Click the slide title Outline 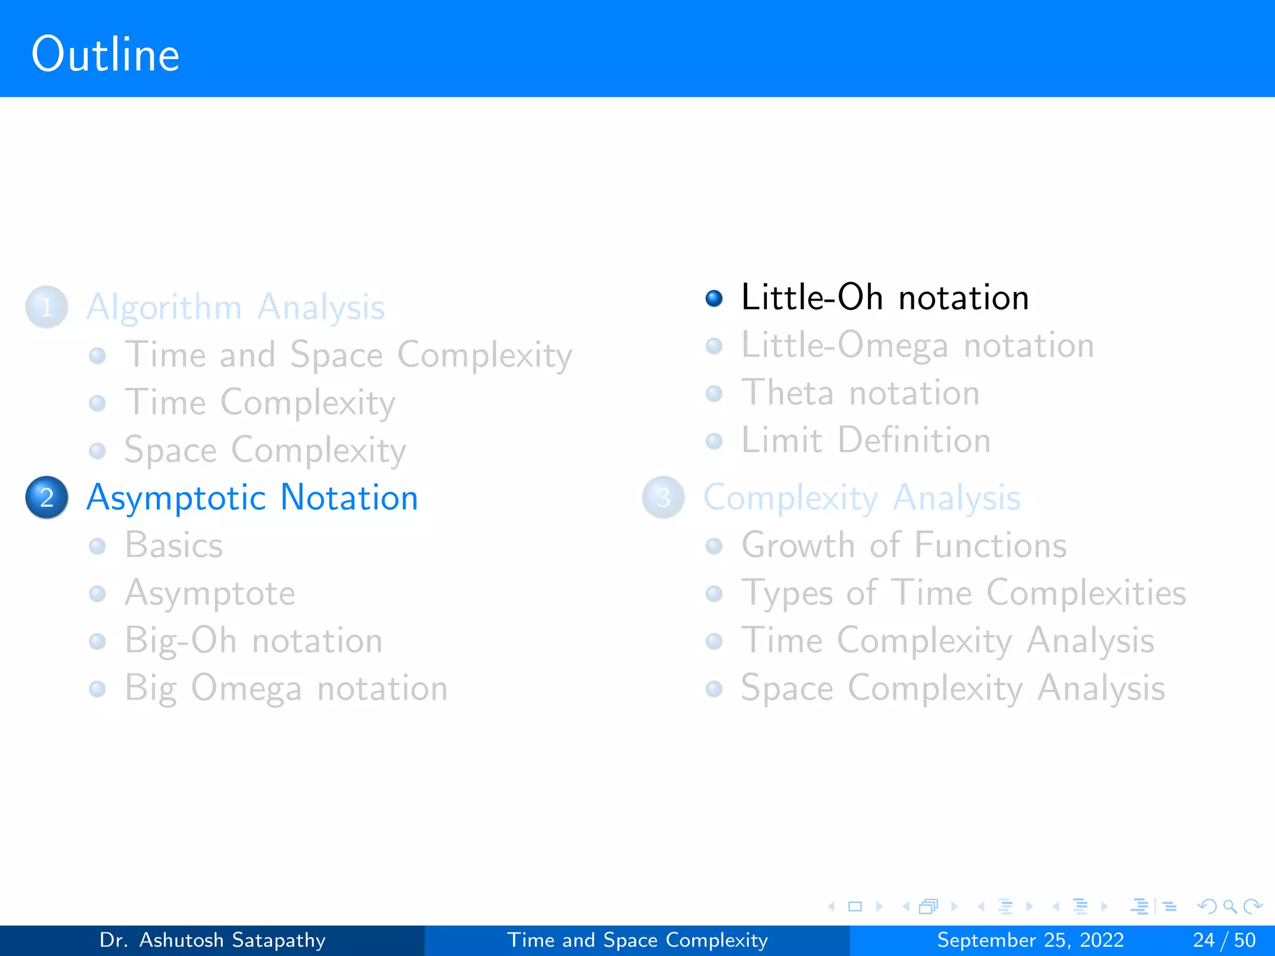105,55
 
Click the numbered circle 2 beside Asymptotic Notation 47,497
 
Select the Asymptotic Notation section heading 252,498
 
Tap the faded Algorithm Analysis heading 235,307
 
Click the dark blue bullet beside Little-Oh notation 714,298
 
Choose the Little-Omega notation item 917,345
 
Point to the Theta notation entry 860,393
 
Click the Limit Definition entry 865,441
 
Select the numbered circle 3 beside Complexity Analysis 663,497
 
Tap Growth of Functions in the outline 903,546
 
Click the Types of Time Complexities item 963,593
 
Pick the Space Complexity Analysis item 953,688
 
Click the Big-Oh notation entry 253,641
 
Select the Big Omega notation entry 286,688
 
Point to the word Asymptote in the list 210,593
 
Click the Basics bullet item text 174,546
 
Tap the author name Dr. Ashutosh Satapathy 212,940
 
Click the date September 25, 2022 1030,940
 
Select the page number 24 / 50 1224,940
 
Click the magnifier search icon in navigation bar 1230,906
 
